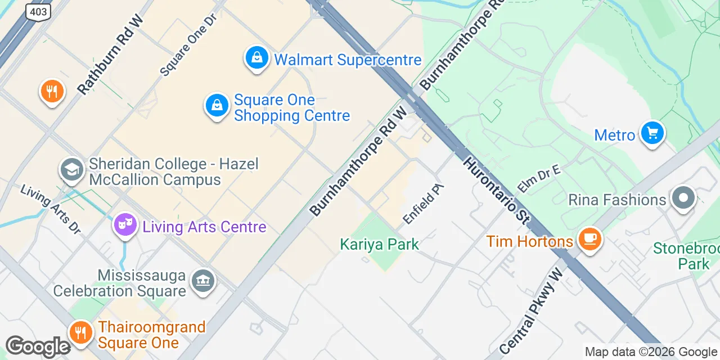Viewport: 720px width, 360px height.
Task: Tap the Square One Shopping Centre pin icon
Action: click(x=217, y=105)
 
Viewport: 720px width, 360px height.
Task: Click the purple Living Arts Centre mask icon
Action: click(x=125, y=226)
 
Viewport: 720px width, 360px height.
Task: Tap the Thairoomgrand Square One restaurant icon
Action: click(x=82, y=333)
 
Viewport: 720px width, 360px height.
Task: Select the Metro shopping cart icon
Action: click(x=652, y=134)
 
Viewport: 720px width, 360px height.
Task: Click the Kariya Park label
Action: click(x=379, y=244)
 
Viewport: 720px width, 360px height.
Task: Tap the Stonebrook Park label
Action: click(x=686, y=256)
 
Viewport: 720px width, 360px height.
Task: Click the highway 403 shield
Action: click(x=38, y=11)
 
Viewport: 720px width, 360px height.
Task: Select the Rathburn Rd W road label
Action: click(x=111, y=55)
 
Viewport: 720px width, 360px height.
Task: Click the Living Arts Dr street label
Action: click(x=51, y=208)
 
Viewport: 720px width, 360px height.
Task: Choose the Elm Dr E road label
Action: click(x=539, y=179)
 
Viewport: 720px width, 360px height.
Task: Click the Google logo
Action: click(x=38, y=346)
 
